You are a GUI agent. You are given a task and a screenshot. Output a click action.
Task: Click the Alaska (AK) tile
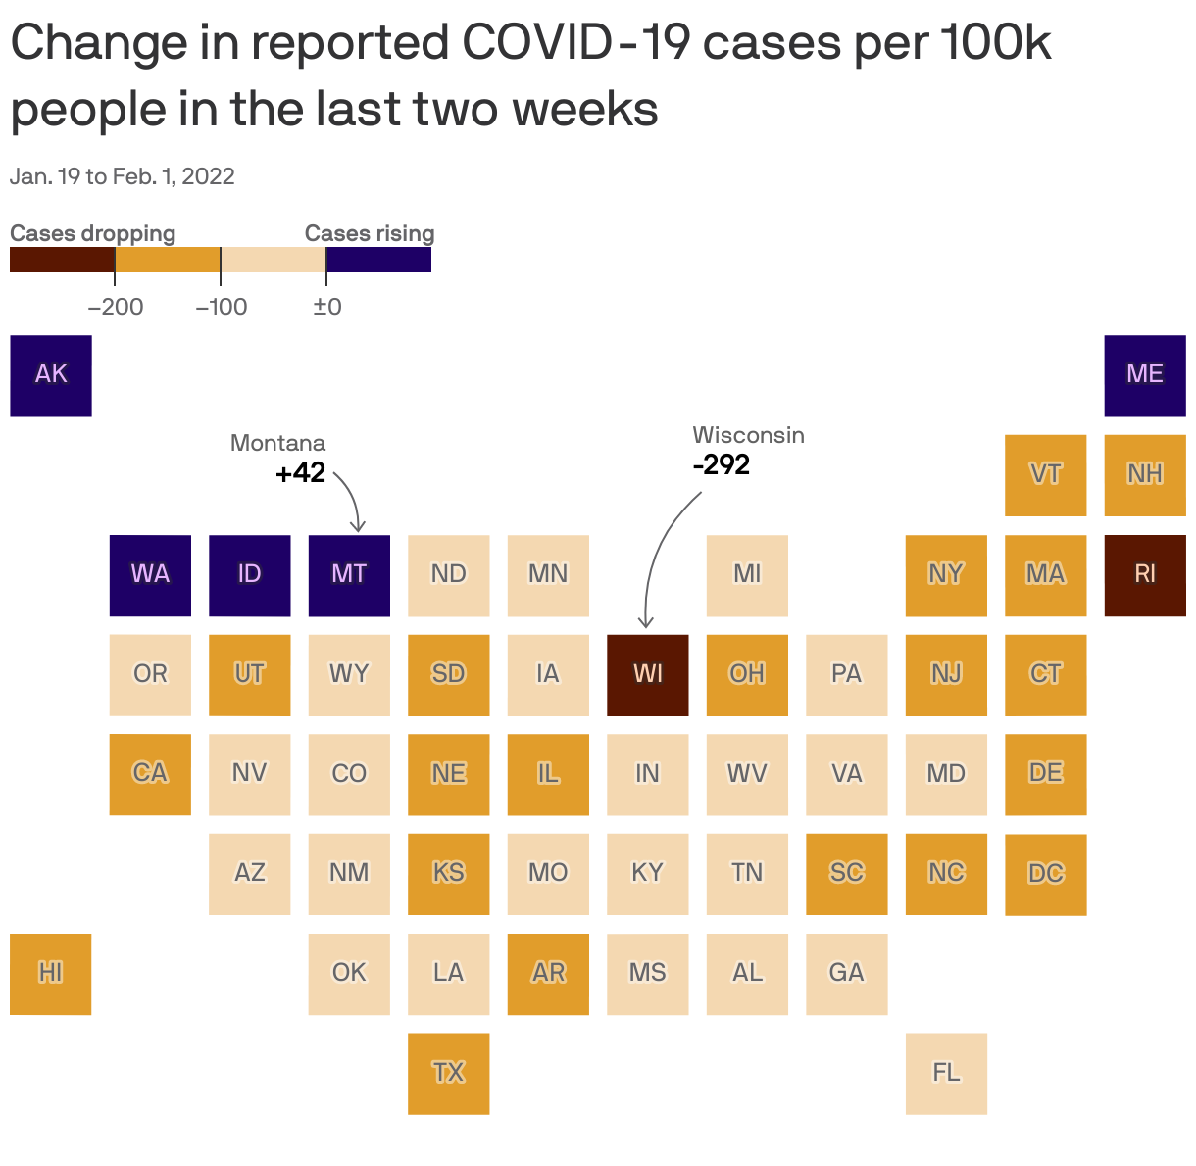tap(51, 375)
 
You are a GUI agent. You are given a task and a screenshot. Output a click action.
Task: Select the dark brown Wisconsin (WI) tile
tap(647, 674)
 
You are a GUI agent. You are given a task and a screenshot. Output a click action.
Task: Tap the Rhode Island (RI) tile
tap(1144, 575)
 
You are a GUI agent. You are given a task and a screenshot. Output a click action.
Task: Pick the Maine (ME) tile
tap(1144, 375)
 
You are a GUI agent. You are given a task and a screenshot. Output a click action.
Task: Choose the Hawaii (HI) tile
tap(51, 973)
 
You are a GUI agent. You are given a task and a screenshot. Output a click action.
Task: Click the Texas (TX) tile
tap(448, 1073)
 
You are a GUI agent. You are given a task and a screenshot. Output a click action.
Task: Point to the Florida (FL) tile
tap(946, 1073)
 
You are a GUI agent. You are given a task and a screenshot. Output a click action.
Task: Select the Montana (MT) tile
tap(349, 575)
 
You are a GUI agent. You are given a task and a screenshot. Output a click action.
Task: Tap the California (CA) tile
tap(150, 774)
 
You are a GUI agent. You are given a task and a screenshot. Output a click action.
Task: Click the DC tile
tap(1045, 874)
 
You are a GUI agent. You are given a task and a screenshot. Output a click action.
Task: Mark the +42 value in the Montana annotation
tap(300, 473)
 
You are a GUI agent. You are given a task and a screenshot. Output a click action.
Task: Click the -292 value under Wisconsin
tap(722, 464)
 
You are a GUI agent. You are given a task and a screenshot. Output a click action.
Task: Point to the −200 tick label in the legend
tap(116, 307)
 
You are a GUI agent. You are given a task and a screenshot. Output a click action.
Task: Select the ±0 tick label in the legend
tap(327, 307)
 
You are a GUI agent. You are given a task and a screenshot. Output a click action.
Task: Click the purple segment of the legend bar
tap(378, 260)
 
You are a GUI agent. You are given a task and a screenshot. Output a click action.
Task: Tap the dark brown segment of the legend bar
tap(62, 260)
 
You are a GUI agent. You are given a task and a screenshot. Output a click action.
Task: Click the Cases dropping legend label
tap(92, 233)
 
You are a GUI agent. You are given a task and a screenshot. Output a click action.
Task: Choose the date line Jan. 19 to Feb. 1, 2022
tap(123, 176)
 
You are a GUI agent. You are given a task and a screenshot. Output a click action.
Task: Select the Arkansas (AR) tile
tap(548, 973)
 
